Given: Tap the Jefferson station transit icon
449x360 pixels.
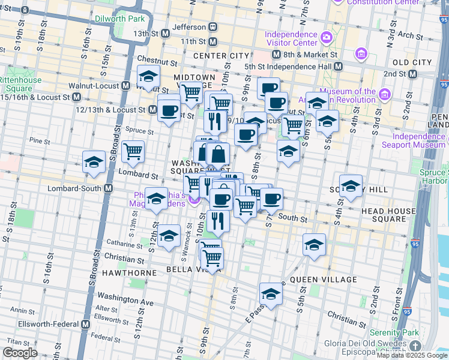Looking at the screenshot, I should [x=212, y=27].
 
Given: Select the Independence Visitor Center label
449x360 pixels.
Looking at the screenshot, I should [x=292, y=38].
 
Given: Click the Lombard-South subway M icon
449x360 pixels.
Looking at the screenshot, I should [x=109, y=188].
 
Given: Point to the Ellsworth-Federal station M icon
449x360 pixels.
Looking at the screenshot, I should [x=85, y=324].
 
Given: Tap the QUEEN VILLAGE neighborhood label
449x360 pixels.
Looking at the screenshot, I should [x=315, y=280].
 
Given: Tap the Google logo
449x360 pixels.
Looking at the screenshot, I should [x=20, y=353].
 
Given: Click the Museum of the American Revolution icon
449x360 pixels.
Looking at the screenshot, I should [x=385, y=95].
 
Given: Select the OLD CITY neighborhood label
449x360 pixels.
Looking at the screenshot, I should [x=412, y=62].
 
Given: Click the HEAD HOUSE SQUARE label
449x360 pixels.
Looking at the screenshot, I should [x=388, y=215].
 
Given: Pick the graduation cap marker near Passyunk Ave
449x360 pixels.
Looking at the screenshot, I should [x=271, y=293].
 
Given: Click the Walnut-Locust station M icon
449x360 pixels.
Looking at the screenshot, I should [x=125, y=86].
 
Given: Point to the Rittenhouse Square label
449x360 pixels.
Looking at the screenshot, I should [x=20, y=84].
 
